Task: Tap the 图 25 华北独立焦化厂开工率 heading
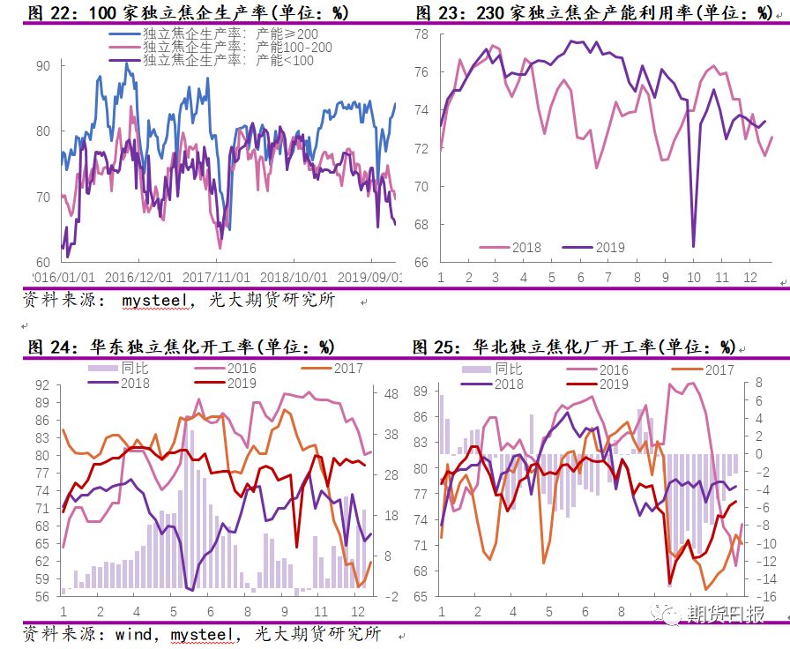pyautogui.click(x=574, y=346)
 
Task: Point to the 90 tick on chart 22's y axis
pyautogui.click(x=43, y=65)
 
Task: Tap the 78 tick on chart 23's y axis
pyautogui.click(x=421, y=34)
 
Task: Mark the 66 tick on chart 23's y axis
pyautogui.click(x=421, y=263)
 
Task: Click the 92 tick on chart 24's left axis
pyautogui.click(x=42, y=384)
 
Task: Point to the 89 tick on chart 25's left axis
pyautogui.click(x=421, y=391)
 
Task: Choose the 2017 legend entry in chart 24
pyautogui.click(x=334, y=369)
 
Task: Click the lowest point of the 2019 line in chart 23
pyautogui.click(x=693, y=246)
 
